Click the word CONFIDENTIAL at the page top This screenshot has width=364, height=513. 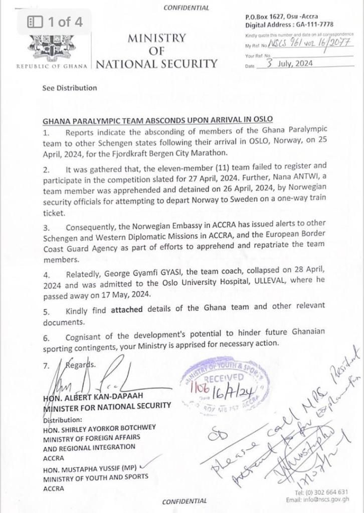pyautogui.click(x=186, y=8)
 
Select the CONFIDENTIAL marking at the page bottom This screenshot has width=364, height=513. pyautogui.click(x=185, y=500)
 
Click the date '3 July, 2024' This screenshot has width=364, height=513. pyautogui.click(x=291, y=64)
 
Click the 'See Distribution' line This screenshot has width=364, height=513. pyautogui.click(x=70, y=88)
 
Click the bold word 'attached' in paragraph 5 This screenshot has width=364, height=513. pyautogui.click(x=125, y=310)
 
